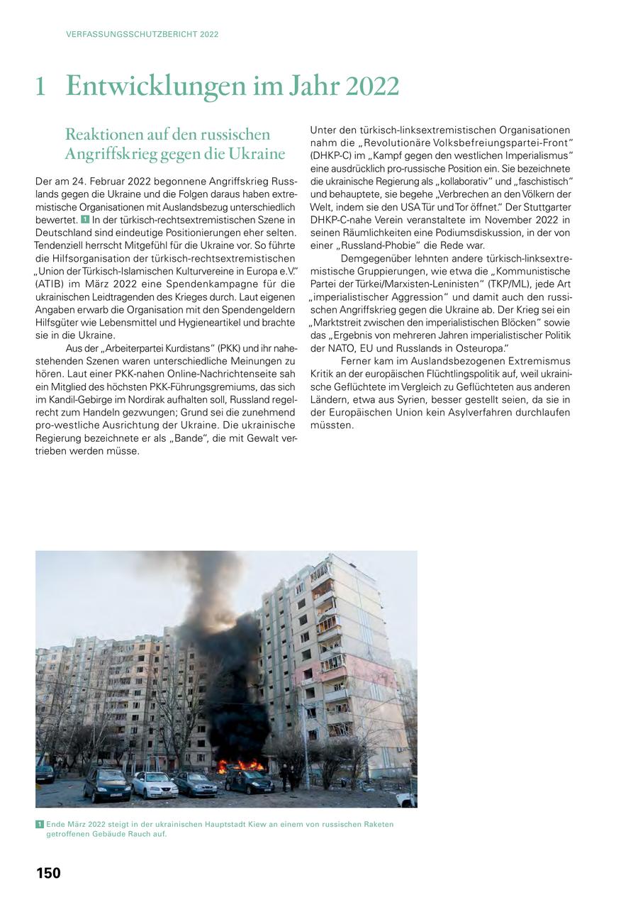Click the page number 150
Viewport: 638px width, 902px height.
point(48,873)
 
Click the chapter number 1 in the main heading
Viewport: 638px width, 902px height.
point(41,87)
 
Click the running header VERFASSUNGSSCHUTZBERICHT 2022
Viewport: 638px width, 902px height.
point(142,34)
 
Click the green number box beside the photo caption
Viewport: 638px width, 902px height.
point(39,824)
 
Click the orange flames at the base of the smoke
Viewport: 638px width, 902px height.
point(241,766)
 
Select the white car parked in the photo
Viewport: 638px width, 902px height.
point(154,785)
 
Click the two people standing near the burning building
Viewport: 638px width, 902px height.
point(288,776)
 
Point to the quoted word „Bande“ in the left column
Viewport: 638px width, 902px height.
point(190,438)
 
